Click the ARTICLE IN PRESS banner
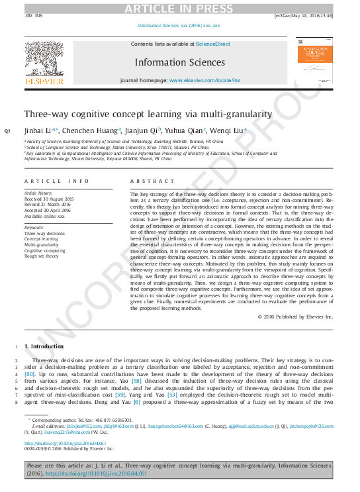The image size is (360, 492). coord(179,7)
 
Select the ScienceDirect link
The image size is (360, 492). coord(212,44)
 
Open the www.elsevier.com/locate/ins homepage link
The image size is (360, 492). coord(204,80)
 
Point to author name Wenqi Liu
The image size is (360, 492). coord(230,130)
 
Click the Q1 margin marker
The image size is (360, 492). coord(7,130)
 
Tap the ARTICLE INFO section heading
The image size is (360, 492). coord(56,181)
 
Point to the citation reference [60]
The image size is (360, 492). coord(30,374)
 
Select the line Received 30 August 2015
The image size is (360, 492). coord(49,198)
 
